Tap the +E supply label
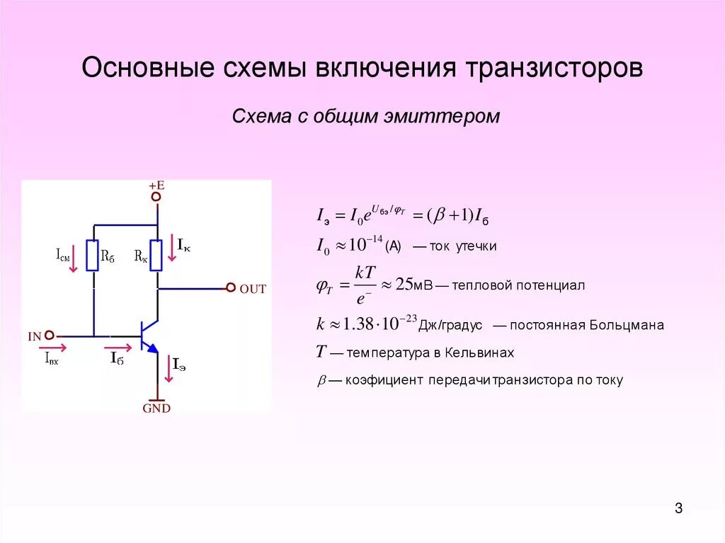pyautogui.click(x=156, y=185)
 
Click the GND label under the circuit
pyautogui.click(x=156, y=408)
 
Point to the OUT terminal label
pyautogui.click(x=253, y=289)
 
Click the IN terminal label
pyautogui.click(x=35, y=337)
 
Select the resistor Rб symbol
pyautogui.click(x=93, y=255)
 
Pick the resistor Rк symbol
pyautogui.click(x=157, y=255)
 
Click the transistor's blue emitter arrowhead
pyautogui.click(x=152, y=348)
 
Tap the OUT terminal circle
pyautogui.click(x=230, y=288)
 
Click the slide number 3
pyautogui.click(x=678, y=508)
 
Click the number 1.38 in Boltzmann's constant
pyautogui.click(x=358, y=325)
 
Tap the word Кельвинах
pyautogui.click(x=478, y=353)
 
